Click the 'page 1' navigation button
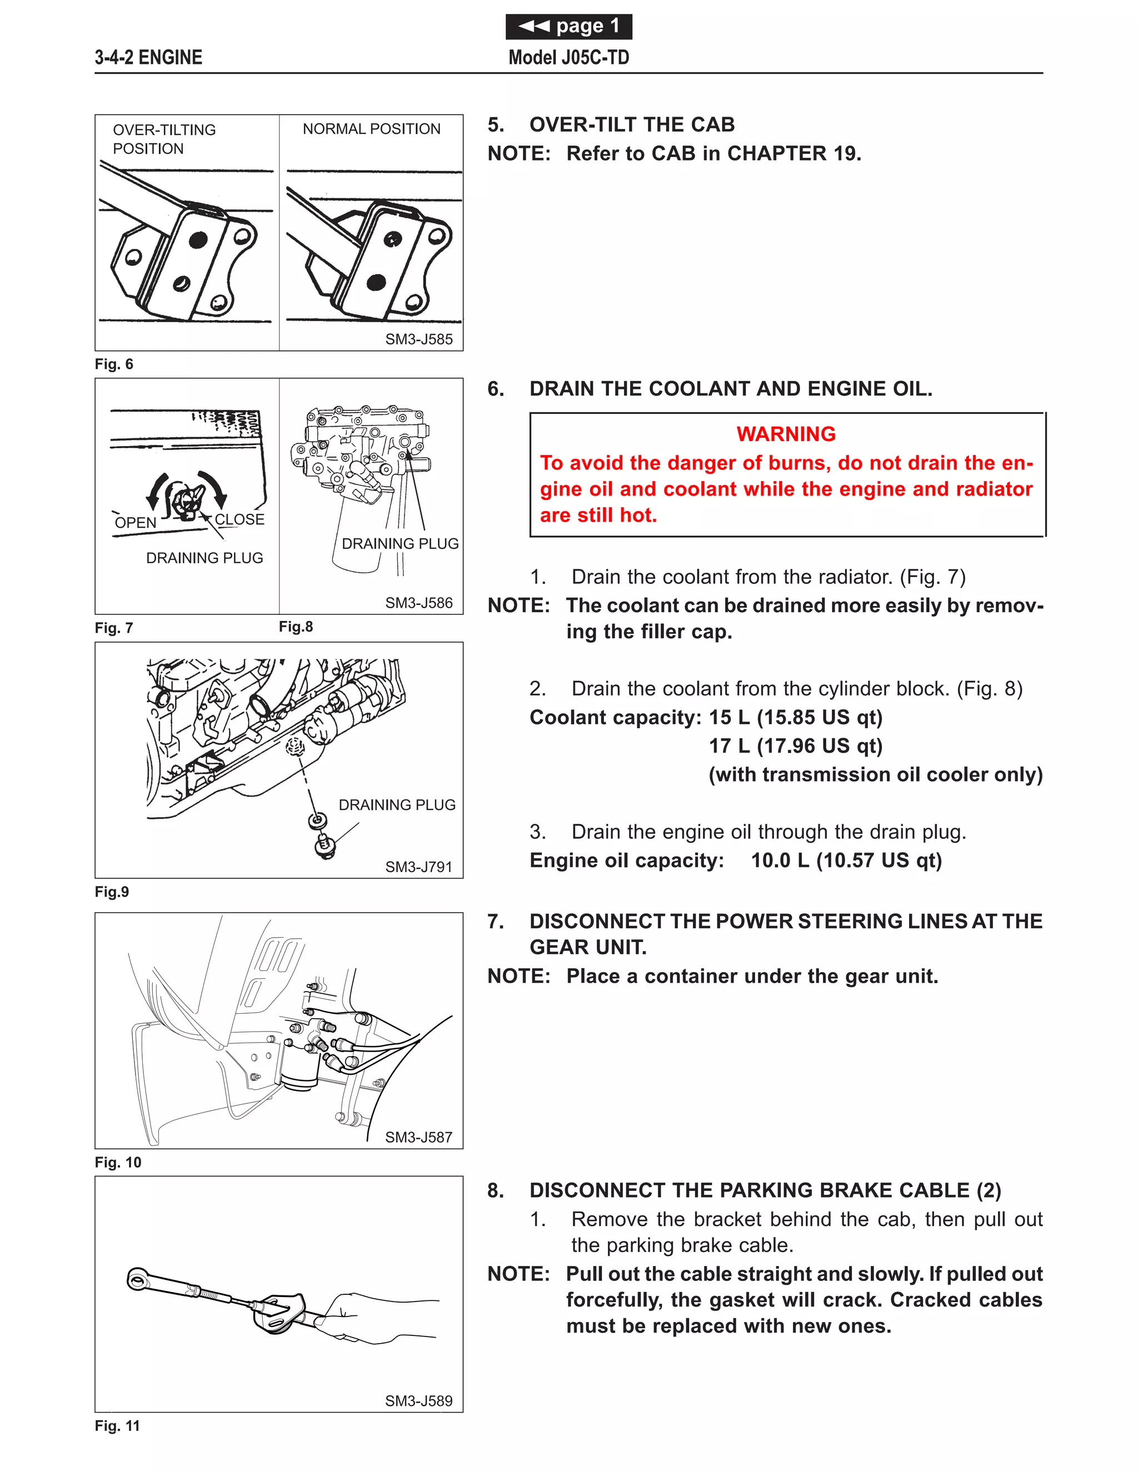point(568,26)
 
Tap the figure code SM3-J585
point(418,339)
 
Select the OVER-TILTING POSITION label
point(164,139)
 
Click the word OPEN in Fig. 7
point(136,522)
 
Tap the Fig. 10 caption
point(118,1162)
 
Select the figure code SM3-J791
point(418,867)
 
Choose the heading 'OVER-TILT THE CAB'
point(631,124)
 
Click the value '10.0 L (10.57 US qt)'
point(846,860)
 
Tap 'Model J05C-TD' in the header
point(568,57)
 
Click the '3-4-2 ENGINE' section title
point(148,57)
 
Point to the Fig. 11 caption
point(117,1425)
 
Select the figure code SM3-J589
point(418,1400)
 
